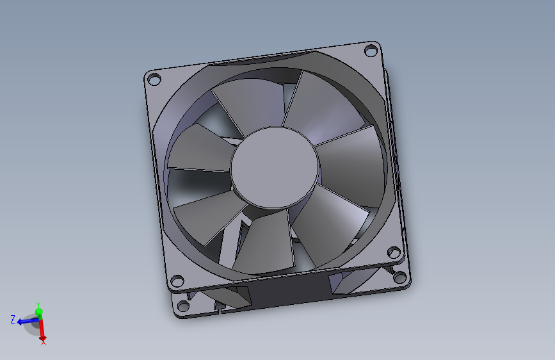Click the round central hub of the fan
[x=275, y=168]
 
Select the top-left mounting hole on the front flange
[x=154, y=79]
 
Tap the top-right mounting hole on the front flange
[x=371, y=50]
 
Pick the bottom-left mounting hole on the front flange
[x=177, y=281]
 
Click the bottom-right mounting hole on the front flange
[x=394, y=252]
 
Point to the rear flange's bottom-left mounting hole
[x=183, y=306]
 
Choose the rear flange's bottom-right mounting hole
[x=400, y=277]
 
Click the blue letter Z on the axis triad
[x=13, y=320]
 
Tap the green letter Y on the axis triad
[x=38, y=304]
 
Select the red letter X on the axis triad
[x=43, y=342]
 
